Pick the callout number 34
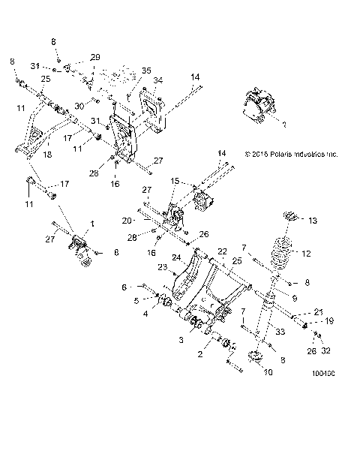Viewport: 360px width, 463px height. (x=157, y=80)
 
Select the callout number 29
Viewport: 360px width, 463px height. (x=94, y=57)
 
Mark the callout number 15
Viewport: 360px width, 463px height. (x=175, y=181)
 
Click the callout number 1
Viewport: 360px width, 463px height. (x=93, y=223)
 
